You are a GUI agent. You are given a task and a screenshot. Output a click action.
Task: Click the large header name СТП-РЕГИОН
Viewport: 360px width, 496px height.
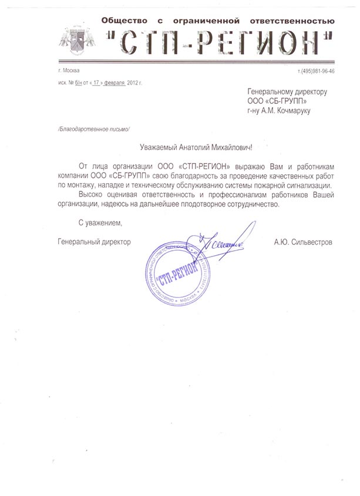pyautogui.click(x=218, y=42)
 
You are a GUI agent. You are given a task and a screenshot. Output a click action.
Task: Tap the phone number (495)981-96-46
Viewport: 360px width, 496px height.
pyautogui.click(x=317, y=71)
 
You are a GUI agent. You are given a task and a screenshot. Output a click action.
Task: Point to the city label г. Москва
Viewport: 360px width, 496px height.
pyautogui.click(x=69, y=71)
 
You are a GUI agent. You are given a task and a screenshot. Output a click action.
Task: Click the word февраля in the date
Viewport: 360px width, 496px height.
pyautogui.click(x=110, y=83)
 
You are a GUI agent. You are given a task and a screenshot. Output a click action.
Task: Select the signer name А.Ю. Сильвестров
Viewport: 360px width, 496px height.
pyautogui.click(x=303, y=241)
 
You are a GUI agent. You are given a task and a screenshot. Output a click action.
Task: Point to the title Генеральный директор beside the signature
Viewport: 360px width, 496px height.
pyautogui.click(x=95, y=241)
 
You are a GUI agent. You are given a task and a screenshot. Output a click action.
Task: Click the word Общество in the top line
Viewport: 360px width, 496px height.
pyautogui.click(x=125, y=21)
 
